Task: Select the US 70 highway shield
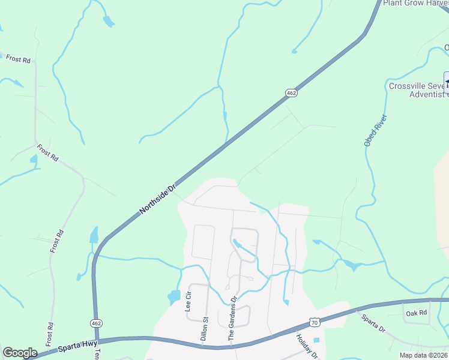click(314, 322)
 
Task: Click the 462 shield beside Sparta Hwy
click(96, 323)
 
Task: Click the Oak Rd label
click(415, 313)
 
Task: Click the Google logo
click(20, 353)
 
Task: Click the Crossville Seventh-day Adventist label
click(418, 90)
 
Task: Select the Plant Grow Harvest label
click(415, 3)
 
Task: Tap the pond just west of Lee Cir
click(174, 296)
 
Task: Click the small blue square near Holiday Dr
click(316, 340)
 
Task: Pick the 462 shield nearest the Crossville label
click(291, 93)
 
